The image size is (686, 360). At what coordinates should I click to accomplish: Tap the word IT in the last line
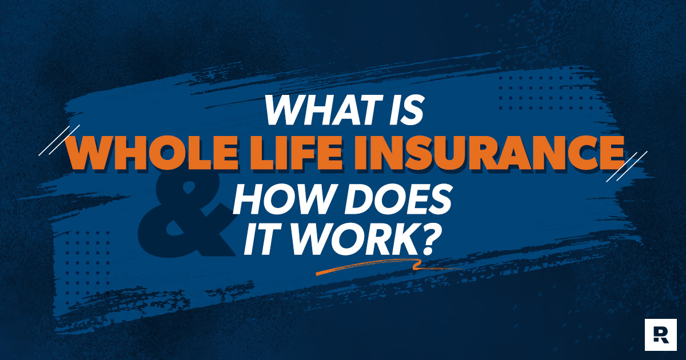tap(258, 242)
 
